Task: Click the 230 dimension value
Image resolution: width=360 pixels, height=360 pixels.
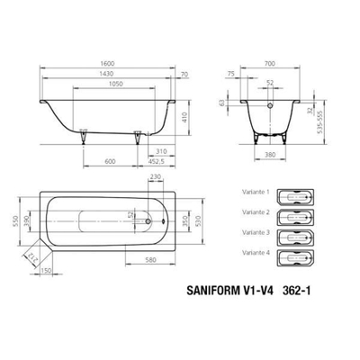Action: coord(156,177)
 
